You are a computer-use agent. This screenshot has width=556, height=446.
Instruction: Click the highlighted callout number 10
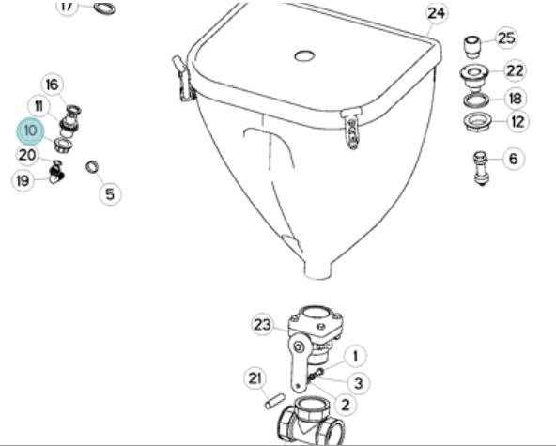tap(30, 131)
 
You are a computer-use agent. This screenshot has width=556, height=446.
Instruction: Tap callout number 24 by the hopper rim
tap(436, 13)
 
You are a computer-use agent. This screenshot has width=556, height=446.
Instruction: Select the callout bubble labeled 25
tap(506, 38)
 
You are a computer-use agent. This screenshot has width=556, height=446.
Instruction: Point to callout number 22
tap(515, 71)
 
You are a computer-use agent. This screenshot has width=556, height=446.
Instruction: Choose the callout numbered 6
tap(513, 159)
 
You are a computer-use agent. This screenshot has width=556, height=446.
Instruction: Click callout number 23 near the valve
tap(263, 324)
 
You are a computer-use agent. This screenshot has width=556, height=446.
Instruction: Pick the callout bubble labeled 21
tap(255, 378)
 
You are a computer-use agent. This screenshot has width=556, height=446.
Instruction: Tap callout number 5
tap(110, 194)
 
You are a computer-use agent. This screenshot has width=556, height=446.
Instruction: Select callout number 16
tap(53, 85)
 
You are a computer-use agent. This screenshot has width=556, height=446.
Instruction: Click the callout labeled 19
tap(23, 181)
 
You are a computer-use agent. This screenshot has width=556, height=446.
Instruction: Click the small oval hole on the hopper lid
tap(304, 55)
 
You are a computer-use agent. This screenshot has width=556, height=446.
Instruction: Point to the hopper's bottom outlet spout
tap(319, 270)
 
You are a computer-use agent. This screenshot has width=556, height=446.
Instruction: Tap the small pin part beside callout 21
tap(274, 401)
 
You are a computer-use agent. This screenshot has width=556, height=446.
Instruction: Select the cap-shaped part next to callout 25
tap(472, 47)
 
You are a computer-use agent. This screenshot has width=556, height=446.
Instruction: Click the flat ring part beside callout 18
tap(476, 100)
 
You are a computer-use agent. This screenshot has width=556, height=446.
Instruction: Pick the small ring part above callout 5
tap(92, 167)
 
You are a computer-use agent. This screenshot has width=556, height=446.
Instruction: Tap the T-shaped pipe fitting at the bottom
tap(311, 422)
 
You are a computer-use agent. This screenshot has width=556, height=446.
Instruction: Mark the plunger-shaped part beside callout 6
tap(481, 168)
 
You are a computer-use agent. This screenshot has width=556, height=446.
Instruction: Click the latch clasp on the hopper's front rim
tap(351, 130)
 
